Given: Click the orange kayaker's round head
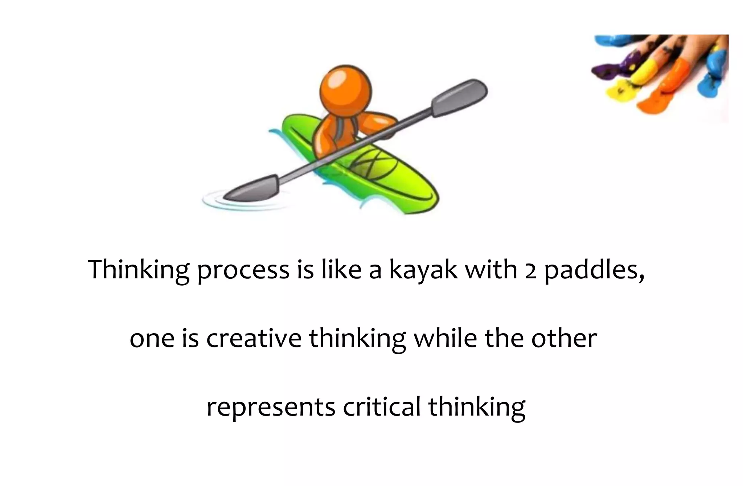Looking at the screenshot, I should point(345,91).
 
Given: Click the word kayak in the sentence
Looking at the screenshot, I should point(423,270).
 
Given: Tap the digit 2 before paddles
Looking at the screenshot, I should point(530,271).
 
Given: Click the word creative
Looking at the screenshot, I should point(254,338).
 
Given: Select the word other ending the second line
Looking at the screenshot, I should point(564,338).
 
